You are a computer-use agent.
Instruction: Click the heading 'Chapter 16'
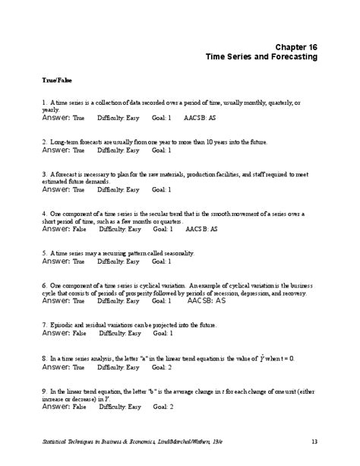298,47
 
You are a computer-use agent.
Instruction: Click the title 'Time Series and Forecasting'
262,58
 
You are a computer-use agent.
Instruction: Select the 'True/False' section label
58,78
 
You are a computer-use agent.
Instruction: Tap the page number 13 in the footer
314,442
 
